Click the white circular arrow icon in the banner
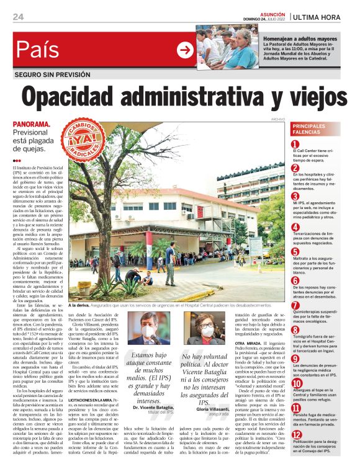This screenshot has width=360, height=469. [x=185, y=50]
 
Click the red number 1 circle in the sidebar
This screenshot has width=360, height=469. [x=295, y=145]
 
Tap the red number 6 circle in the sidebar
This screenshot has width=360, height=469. [x=295, y=280]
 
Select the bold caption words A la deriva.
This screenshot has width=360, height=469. [x=79, y=305]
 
